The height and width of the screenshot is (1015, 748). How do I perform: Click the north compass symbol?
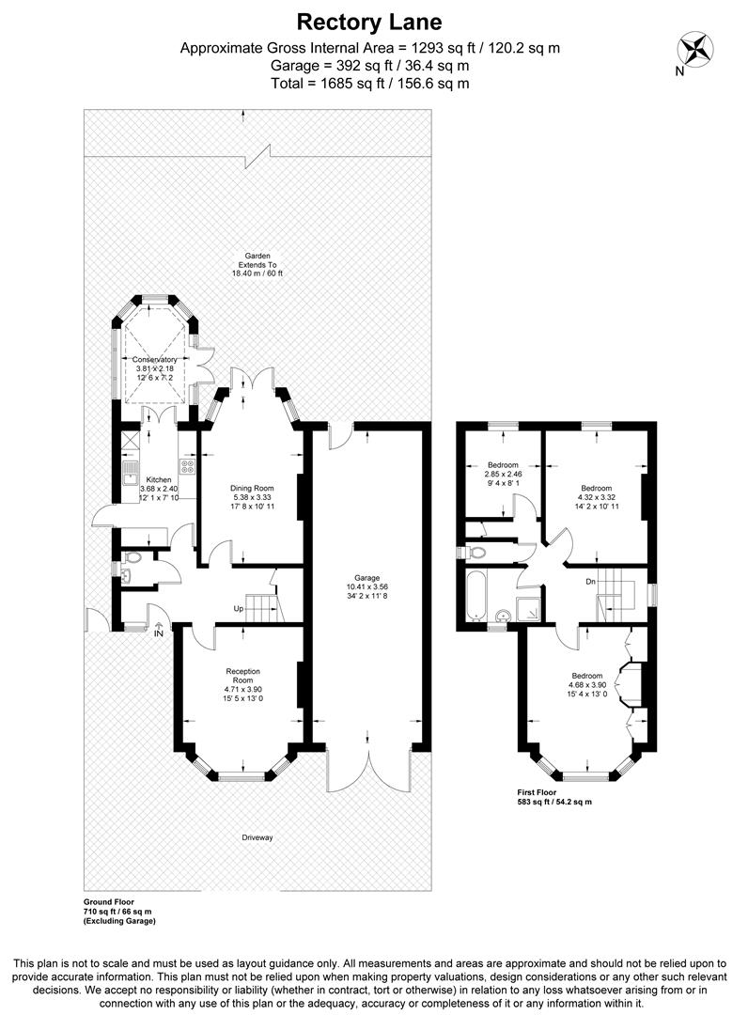coord(696,48)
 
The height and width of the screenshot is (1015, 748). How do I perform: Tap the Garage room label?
coord(367,581)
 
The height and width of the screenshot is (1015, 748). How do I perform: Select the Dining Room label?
coord(251,488)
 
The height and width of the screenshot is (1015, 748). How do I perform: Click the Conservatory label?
coord(154,359)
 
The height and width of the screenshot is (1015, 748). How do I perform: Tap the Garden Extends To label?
coord(257,264)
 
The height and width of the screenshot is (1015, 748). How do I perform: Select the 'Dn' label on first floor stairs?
coord(591,582)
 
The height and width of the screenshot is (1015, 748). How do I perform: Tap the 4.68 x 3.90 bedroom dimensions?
coord(587,685)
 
